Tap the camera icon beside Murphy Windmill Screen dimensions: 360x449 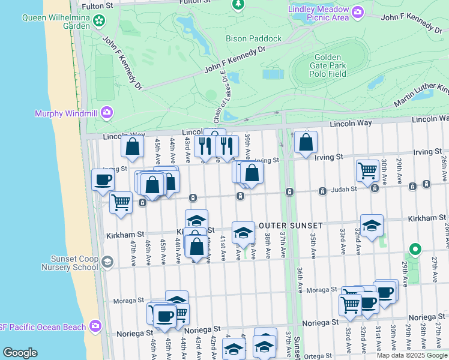pos(107,112)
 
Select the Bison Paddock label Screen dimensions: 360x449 pos(253,38)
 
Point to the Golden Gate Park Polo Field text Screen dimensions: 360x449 pos(328,65)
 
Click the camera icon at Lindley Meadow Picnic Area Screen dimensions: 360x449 pos(358,12)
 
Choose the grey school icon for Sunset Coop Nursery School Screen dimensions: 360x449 pos(107,262)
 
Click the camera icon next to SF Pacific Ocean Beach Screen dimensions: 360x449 pos(95,326)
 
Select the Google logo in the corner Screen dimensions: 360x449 pos(20,353)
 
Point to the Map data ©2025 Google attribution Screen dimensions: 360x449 pos(411,355)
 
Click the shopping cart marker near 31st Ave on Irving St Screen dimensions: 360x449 pos(367,170)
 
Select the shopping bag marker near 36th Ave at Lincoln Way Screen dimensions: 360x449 pos(306,142)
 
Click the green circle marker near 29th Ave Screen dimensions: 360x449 pos(414,248)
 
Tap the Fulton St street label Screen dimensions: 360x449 pos(98,5)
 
